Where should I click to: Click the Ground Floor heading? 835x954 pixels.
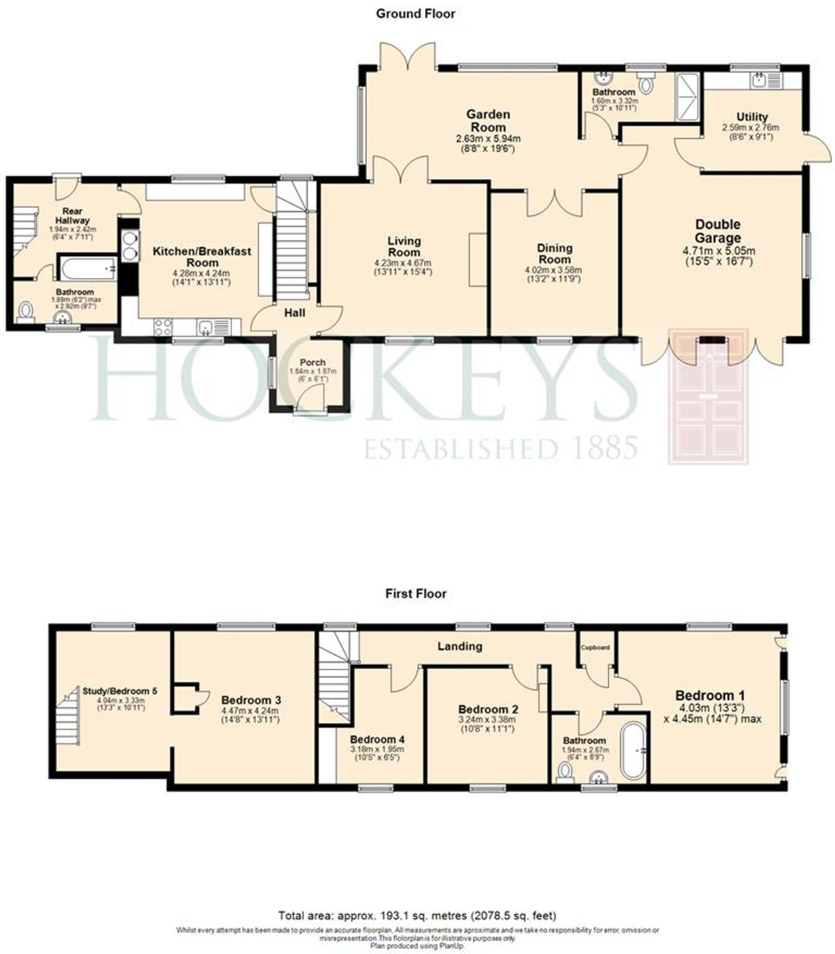coord(416,14)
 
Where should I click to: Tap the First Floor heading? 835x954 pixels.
coord(416,593)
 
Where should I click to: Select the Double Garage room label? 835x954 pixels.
coord(718,231)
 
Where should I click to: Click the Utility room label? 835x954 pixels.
coord(752,117)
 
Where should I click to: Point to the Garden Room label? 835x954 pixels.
coord(488,121)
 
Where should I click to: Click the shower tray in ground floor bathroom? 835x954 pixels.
coord(688,97)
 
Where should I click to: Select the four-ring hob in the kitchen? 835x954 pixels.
coord(162,327)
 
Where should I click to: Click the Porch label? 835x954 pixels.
coord(313,362)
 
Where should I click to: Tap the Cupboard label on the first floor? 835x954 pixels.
coord(595,647)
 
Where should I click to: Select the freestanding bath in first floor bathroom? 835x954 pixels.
coord(633,750)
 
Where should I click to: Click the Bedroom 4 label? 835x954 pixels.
coord(377,740)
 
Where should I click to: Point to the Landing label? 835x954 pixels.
coord(459,646)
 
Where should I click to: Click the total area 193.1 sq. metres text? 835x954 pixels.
coord(417,916)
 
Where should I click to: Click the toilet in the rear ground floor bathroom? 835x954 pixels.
coord(26,311)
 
